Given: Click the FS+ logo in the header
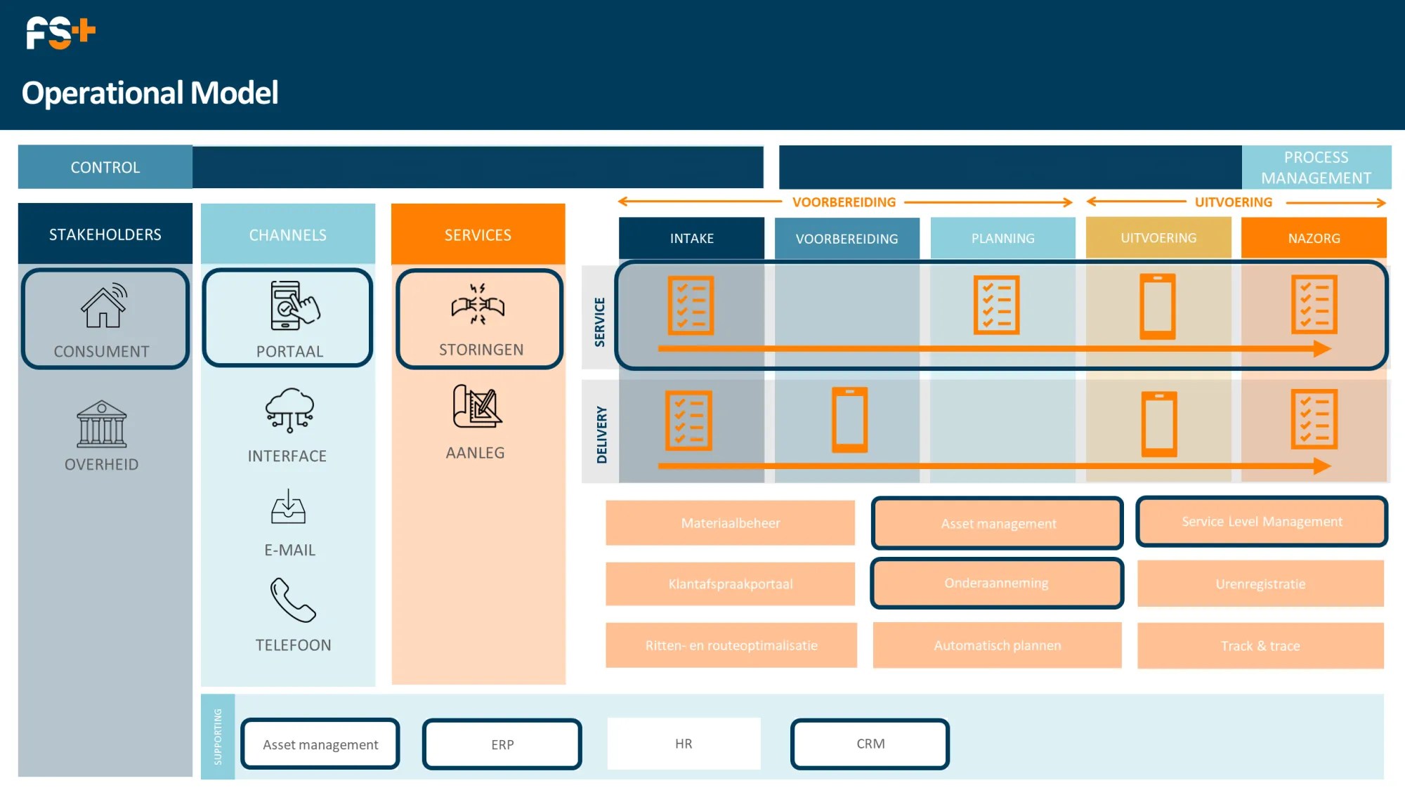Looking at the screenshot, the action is [60, 33].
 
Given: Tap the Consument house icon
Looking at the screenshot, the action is [104, 306].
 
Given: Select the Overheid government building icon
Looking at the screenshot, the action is [102, 424].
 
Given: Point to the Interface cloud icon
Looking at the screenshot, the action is [289, 409].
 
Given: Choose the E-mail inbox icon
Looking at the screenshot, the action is [288, 507].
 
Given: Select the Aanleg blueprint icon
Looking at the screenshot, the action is [477, 407].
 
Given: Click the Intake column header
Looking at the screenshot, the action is [691, 238].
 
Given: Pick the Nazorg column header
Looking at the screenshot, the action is [1314, 238].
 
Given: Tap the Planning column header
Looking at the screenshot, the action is [1002, 238].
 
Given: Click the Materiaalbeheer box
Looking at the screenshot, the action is [730, 523].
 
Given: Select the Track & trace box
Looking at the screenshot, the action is [1260, 646].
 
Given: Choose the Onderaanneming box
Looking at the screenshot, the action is [996, 584].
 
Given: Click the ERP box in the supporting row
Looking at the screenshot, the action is [502, 744].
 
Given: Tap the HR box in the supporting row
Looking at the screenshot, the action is [684, 744].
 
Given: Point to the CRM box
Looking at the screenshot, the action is [870, 744].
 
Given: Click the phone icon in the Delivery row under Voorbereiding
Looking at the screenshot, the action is [849, 420].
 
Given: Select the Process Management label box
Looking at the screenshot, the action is [1316, 167].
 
